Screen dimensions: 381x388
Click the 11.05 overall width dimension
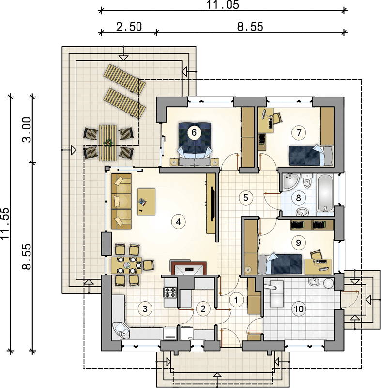223,5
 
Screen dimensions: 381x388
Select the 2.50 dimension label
129,27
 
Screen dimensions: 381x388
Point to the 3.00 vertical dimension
27,129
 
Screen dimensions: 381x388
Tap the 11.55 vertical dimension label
5,223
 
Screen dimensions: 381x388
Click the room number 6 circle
194,132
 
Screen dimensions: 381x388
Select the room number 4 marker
178,222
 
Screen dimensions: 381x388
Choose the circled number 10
299,309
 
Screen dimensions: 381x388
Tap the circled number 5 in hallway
245,198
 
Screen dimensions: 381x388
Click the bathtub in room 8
325,193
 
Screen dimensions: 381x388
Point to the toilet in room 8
307,181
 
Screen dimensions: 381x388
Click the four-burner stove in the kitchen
170,292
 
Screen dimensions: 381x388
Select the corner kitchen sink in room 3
121,330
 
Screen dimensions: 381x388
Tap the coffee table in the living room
146,202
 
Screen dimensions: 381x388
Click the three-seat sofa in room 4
121,201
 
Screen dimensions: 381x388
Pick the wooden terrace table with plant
107,143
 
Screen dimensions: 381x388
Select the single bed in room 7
311,155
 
